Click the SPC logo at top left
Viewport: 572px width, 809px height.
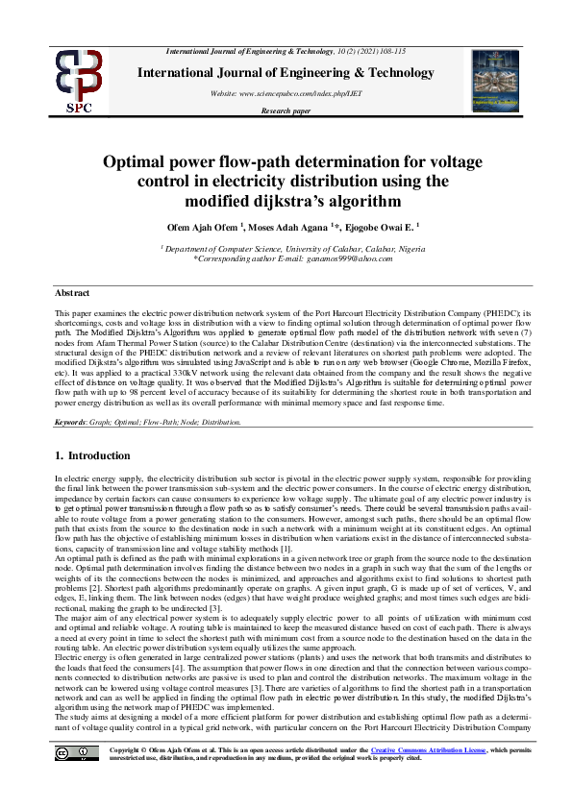tap(79, 82)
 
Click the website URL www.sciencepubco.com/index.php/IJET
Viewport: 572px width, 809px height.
tap(286, 92)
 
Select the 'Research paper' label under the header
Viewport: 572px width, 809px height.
tap(286, 110)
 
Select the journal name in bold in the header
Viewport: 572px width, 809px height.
tap(286, 72)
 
